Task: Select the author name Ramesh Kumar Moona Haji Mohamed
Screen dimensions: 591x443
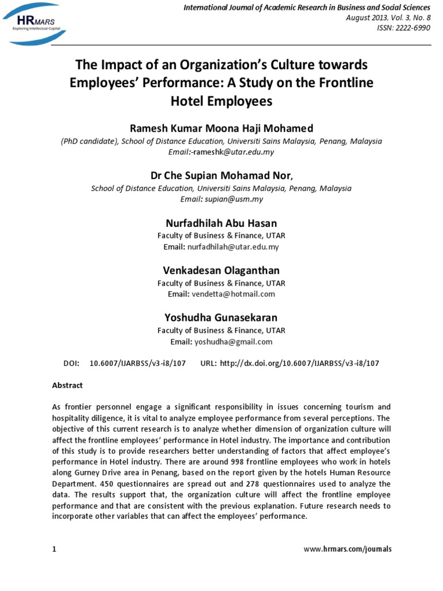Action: [221, 127]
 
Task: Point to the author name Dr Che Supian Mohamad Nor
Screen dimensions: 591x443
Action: [221, 175]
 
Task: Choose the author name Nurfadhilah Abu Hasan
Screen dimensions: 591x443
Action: [221, 222]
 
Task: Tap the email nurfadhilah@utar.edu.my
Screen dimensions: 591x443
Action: [233, 246]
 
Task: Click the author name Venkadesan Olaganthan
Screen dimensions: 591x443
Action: [221, 270]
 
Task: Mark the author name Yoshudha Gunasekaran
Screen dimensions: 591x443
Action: [221, 317]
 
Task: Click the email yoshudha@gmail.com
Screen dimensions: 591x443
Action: [233, 341]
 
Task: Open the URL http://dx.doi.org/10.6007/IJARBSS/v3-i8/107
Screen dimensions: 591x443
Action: [300, 363]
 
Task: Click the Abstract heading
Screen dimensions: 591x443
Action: [67, 385]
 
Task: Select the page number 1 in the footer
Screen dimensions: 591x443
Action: [54, 549]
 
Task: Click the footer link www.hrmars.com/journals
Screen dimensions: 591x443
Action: [347, 549]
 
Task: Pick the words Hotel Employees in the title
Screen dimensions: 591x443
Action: [221, 102]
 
